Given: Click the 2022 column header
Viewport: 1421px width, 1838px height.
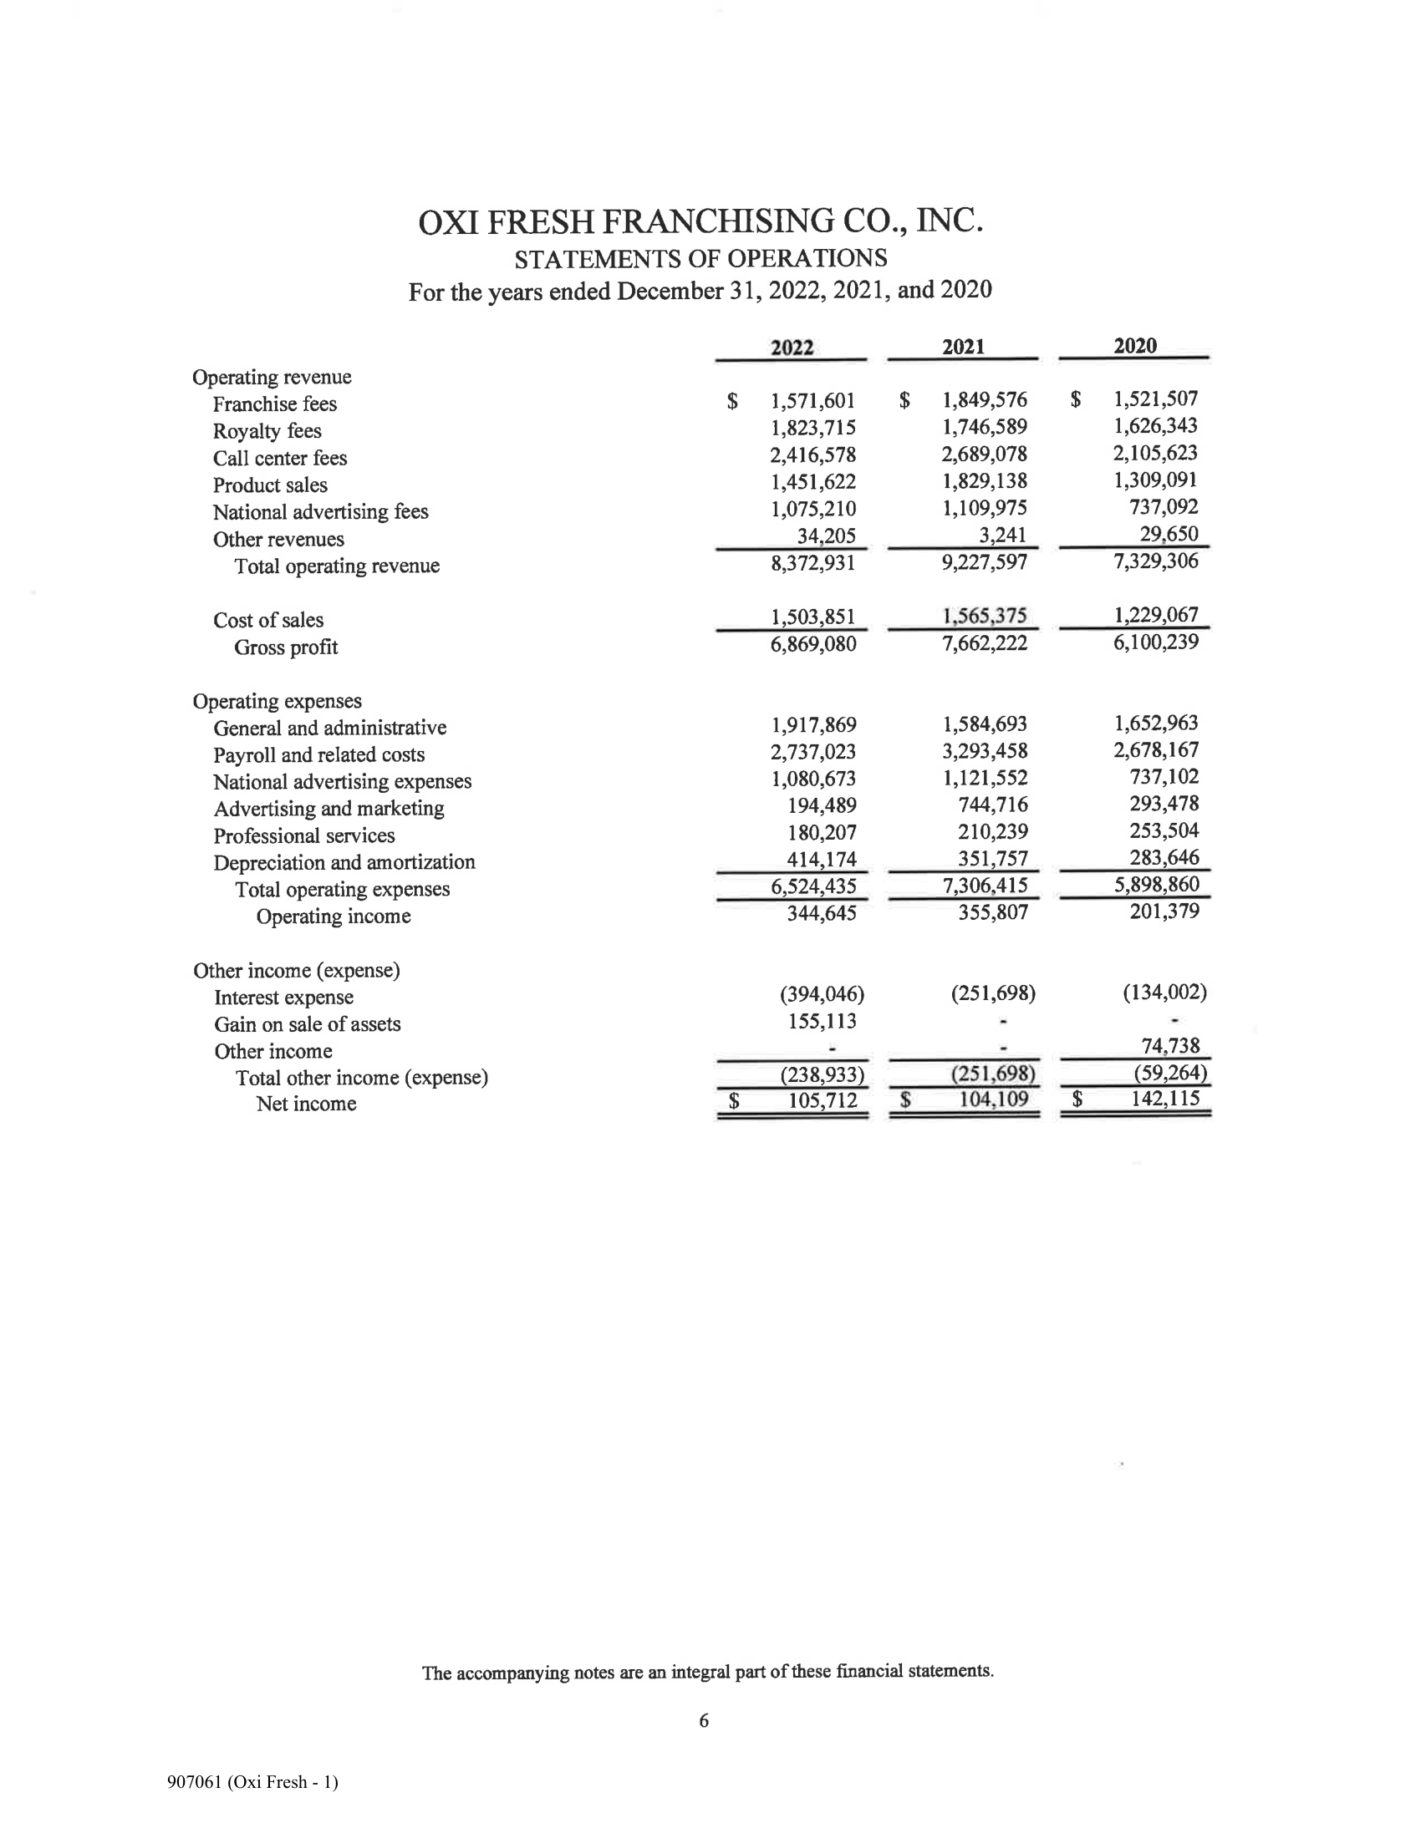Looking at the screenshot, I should (x=792, y=348).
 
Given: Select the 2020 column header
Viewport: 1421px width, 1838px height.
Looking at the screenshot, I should (x=1134, y=346).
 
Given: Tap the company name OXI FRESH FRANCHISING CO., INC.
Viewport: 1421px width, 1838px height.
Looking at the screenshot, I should (x=700, y=221).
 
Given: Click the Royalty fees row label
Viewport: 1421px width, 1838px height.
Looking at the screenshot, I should (x=267, y=432).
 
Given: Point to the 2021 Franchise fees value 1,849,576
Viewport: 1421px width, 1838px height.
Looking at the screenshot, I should (x=984, y=399).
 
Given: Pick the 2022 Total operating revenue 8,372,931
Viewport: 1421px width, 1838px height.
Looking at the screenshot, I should (x=812, y=563).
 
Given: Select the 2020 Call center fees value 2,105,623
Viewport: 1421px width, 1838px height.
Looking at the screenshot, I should (x=1155, y=454).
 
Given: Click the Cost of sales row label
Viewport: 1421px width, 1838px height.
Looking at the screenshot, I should (x=267, y=620).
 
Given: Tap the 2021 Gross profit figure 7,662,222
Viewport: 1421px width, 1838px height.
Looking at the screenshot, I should (x=984, y=644).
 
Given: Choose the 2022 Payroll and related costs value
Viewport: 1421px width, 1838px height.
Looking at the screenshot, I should (x=812, y=752).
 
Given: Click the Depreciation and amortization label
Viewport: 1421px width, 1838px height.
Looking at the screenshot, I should (x=344, y=863).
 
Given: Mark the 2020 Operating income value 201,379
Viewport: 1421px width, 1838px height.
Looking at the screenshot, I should (x=1164, y=911).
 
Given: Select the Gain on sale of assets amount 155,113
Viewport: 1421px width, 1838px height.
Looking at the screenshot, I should (x=821, y=1021).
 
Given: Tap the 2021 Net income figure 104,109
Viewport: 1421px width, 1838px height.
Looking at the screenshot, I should (x=992, y=1099).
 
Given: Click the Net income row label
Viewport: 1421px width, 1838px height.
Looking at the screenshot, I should (x=306, y=1104).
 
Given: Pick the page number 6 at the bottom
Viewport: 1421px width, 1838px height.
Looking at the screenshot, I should (x=704, y=1721).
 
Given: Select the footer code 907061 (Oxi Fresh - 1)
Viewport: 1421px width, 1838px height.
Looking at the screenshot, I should (x=252, y=1782).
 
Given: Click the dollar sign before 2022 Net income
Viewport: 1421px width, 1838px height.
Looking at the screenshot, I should (x=733, y=1100).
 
